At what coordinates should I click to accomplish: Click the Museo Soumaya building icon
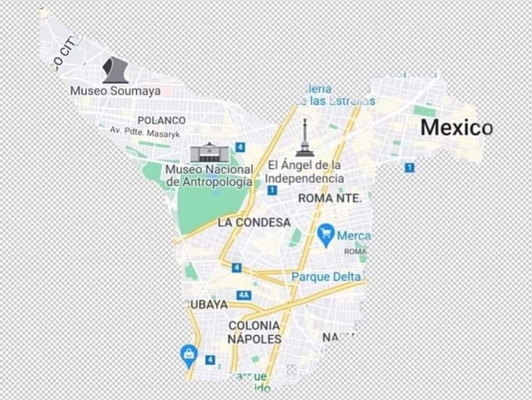[x=115, y=70]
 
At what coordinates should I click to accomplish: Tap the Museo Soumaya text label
[x=115, y=91]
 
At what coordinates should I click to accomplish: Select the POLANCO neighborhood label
[x=161, y=120]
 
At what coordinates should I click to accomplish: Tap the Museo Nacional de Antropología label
[x=210, y=176]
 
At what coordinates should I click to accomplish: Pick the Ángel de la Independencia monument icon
[x=305, y=138]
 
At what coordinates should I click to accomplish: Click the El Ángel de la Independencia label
[x=305, y=172]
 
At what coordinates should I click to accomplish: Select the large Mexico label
[x=456, y=128]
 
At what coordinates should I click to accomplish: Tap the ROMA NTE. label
[x=330, y=198]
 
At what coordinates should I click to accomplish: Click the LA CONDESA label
[x=254, y=222]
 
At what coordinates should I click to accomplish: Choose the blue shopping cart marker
[x=325, y=235]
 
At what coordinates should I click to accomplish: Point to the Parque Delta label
[x=326, y=276]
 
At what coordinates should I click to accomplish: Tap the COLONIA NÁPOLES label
[x=254, y=332]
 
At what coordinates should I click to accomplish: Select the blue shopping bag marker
[x=188, y=355]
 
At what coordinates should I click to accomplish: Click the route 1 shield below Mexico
[x=409, y=168]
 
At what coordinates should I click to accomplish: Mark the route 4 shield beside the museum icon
[x=240, y=147]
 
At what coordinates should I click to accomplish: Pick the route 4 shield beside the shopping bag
[x=210, y=360]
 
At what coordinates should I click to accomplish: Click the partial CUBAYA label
[x=207, y=305]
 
